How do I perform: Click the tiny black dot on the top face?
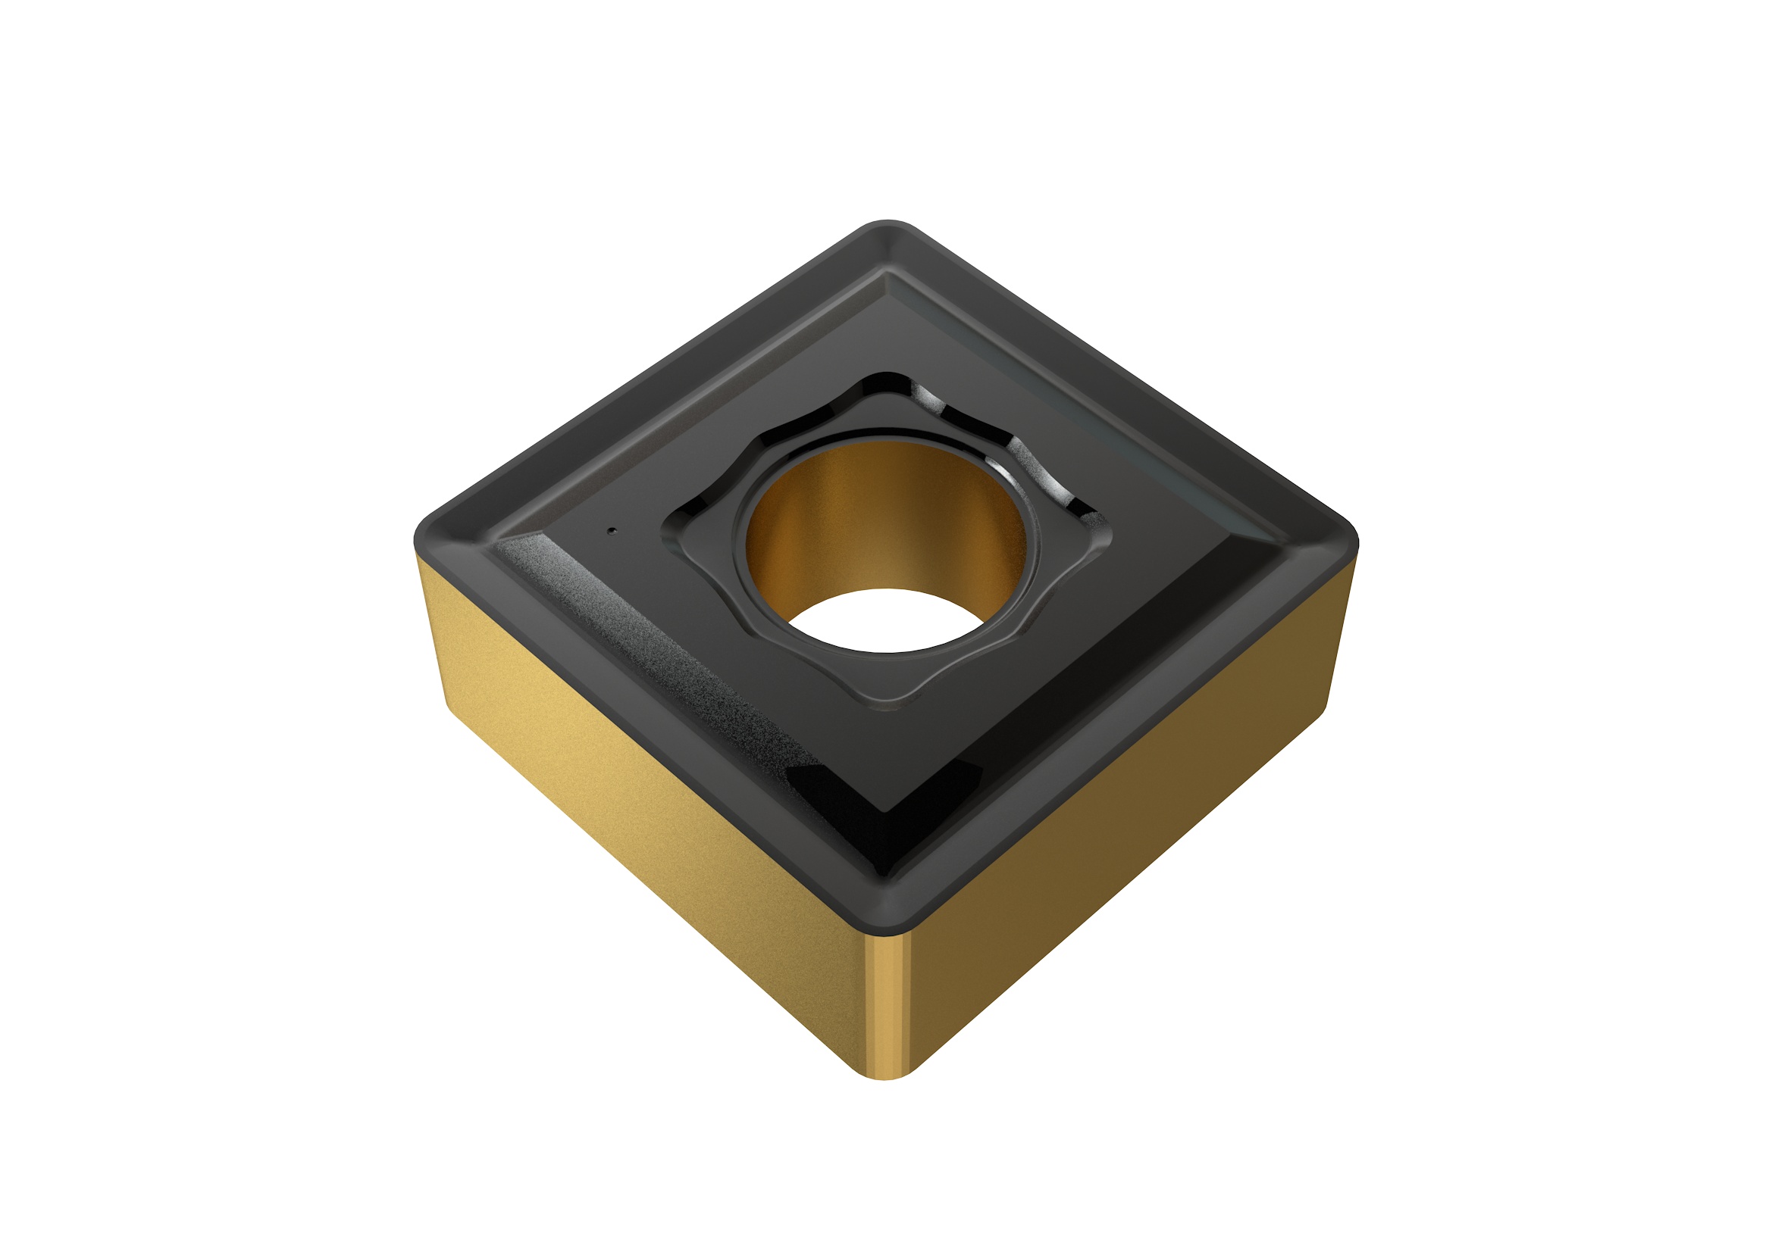[612, 530]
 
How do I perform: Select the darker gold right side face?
[1119, 810]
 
